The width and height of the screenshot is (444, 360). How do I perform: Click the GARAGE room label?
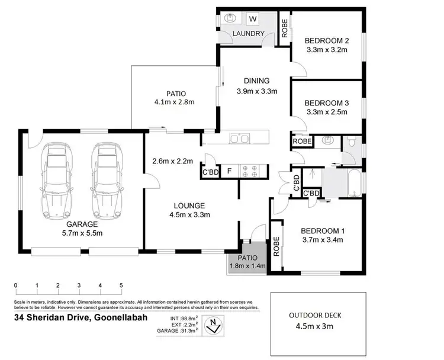[x=82, y=224]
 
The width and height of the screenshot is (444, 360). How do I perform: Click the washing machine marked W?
[x=253, y=19]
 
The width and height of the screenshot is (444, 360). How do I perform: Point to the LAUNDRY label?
[x=248, y=34]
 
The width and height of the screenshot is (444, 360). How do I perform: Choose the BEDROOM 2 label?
[x=327, y=40]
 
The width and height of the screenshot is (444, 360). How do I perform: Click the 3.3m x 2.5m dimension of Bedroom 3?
[x=327, y=112]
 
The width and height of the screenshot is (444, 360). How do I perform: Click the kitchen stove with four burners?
[x=249, y=171]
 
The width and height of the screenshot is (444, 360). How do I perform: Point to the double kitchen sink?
[x=240, y=139]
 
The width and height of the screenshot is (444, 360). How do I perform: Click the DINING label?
[x=257, y=81]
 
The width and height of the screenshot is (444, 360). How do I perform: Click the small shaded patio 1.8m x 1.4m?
[x=246, y=262]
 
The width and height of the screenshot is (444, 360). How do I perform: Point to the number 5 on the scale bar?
[x=121, y=285]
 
